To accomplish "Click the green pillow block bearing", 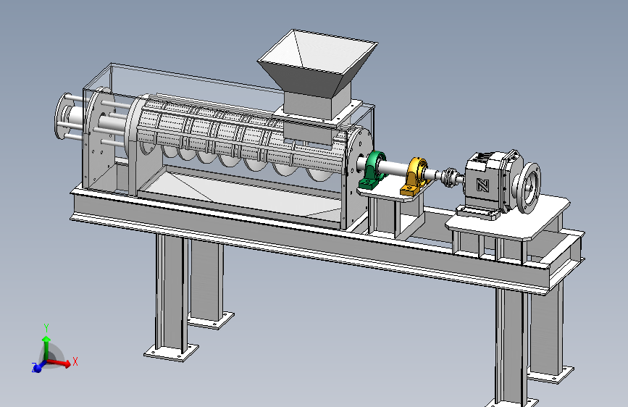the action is click(x=372, y=170).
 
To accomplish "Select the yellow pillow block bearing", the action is click(x=416, y=177).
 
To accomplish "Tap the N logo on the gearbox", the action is click(x=482, y=185).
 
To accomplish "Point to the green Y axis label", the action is click(x=46, y=329).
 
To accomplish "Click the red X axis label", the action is click(x=75, y=361).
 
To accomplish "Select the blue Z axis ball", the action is click(x=36, y=367).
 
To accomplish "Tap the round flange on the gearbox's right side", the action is click(x=529, y=188).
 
